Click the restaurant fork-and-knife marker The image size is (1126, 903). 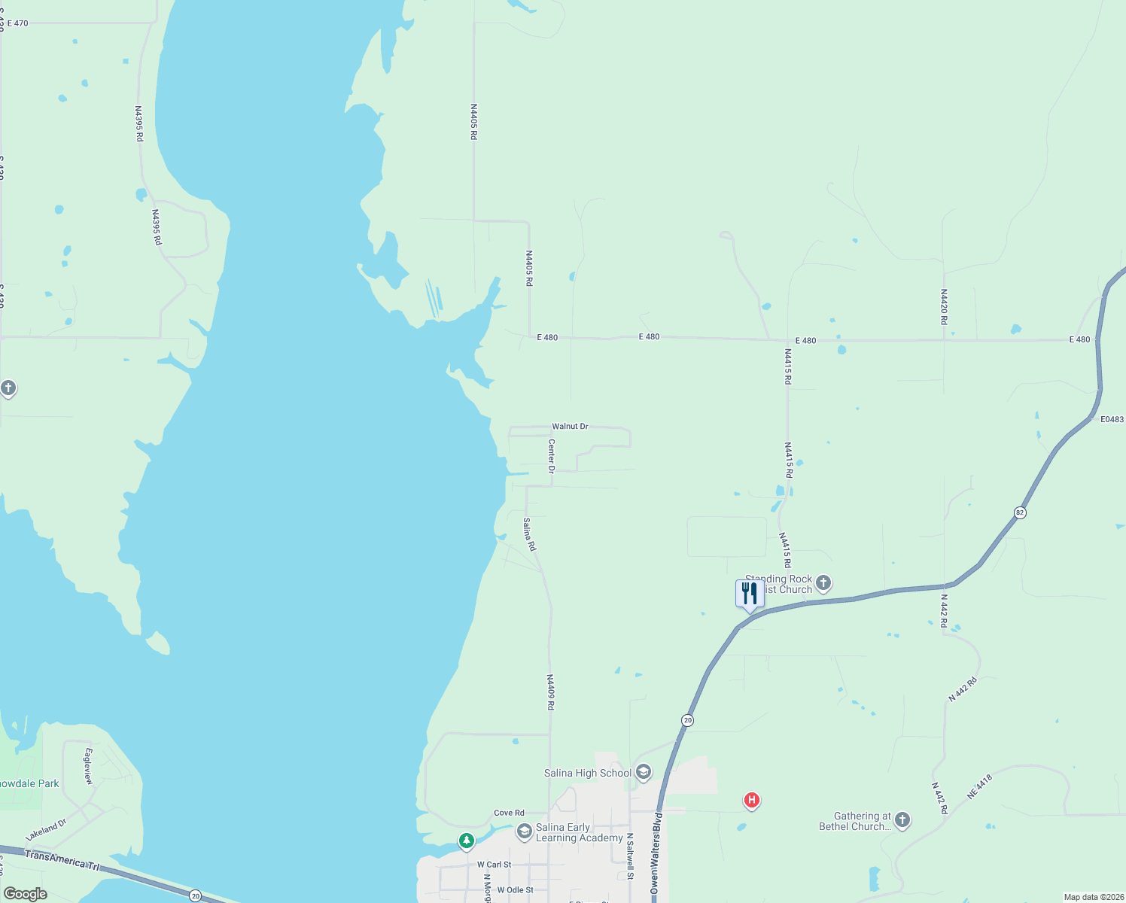pos(750,594)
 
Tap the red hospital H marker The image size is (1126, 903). pos(751,800)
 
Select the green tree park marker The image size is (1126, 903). pos(467,840)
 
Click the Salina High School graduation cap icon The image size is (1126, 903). pos(643,772)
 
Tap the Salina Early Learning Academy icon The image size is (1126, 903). pos(524,832)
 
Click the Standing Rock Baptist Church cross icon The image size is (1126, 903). pos(823,582)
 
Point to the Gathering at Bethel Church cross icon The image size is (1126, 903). pos(902,820)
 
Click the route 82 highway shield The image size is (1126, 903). pos(1020,512)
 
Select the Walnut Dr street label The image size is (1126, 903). pos(570,426)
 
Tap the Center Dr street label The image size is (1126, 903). pos(552,456)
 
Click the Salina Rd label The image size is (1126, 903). pos(529,534)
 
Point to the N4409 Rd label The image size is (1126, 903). pos(550,692)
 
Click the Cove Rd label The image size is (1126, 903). pos(509,813)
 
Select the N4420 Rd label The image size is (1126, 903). pos(944,307)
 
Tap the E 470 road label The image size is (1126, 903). pos(18,23)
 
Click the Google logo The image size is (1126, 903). pos(26,894)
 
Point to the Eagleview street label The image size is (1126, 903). pos(89,766)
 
